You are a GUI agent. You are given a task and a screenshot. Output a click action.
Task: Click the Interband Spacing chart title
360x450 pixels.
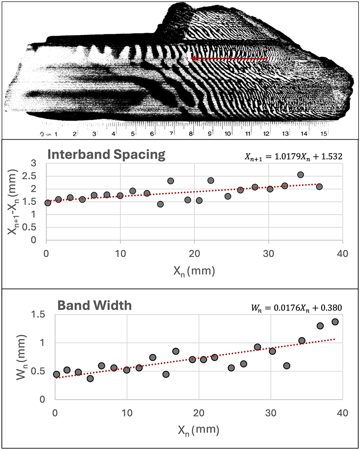point(106,154)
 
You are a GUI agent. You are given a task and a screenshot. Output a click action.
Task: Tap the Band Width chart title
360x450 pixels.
point(94,305)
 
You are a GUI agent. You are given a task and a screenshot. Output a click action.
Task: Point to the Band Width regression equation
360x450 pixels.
point(296,308)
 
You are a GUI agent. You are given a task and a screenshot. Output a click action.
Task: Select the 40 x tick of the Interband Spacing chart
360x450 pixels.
point(342,253)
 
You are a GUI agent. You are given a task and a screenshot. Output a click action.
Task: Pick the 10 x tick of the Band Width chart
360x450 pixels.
point(127,412)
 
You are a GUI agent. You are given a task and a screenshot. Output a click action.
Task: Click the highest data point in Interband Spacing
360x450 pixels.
point(300,175)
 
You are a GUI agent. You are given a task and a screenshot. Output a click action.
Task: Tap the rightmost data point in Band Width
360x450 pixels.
point(335,321)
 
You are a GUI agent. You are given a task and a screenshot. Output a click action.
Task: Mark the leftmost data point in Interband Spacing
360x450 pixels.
point(48,203)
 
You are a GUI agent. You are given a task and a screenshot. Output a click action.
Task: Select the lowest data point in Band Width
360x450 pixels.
point(90,378)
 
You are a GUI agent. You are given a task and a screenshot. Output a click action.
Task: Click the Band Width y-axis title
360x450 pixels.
point(14,357)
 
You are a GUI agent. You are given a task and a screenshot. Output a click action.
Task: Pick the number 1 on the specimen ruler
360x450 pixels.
point(56,134)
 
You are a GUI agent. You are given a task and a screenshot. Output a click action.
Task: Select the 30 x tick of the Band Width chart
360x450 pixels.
point(270,412)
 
